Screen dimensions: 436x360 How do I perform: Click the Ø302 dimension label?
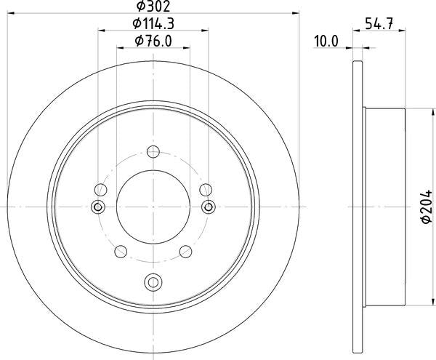pyautogui.click(x=153, y=6)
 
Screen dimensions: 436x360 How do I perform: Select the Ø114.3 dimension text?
pyautogui.click(x=153, y=24)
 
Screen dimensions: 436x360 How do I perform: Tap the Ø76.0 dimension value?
pyautogui.click(x=153, y=41)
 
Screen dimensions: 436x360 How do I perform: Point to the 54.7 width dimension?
pyautogui.click(x=379, y=23)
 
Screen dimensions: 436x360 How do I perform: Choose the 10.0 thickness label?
pyautogui.click(x=326, y=41)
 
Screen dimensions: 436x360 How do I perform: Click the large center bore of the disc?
pyautogui.click(x=153, y=207)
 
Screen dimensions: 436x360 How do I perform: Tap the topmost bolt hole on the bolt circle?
pyautogui.click(x=153, y=151)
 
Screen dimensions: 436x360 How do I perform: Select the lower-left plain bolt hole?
pyautogui.click(x=121, y=252)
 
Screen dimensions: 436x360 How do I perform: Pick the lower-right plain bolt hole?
pyautogui.click(x=186, y=252)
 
